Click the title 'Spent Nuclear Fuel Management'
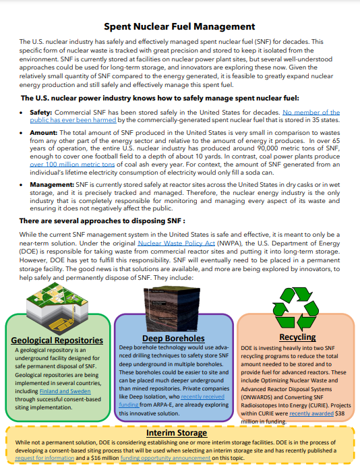point(179,27)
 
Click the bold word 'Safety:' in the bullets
point(42,113)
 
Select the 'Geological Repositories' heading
point(57,341)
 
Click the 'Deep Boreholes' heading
point(174,338)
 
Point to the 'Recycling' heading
point(297,337)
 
